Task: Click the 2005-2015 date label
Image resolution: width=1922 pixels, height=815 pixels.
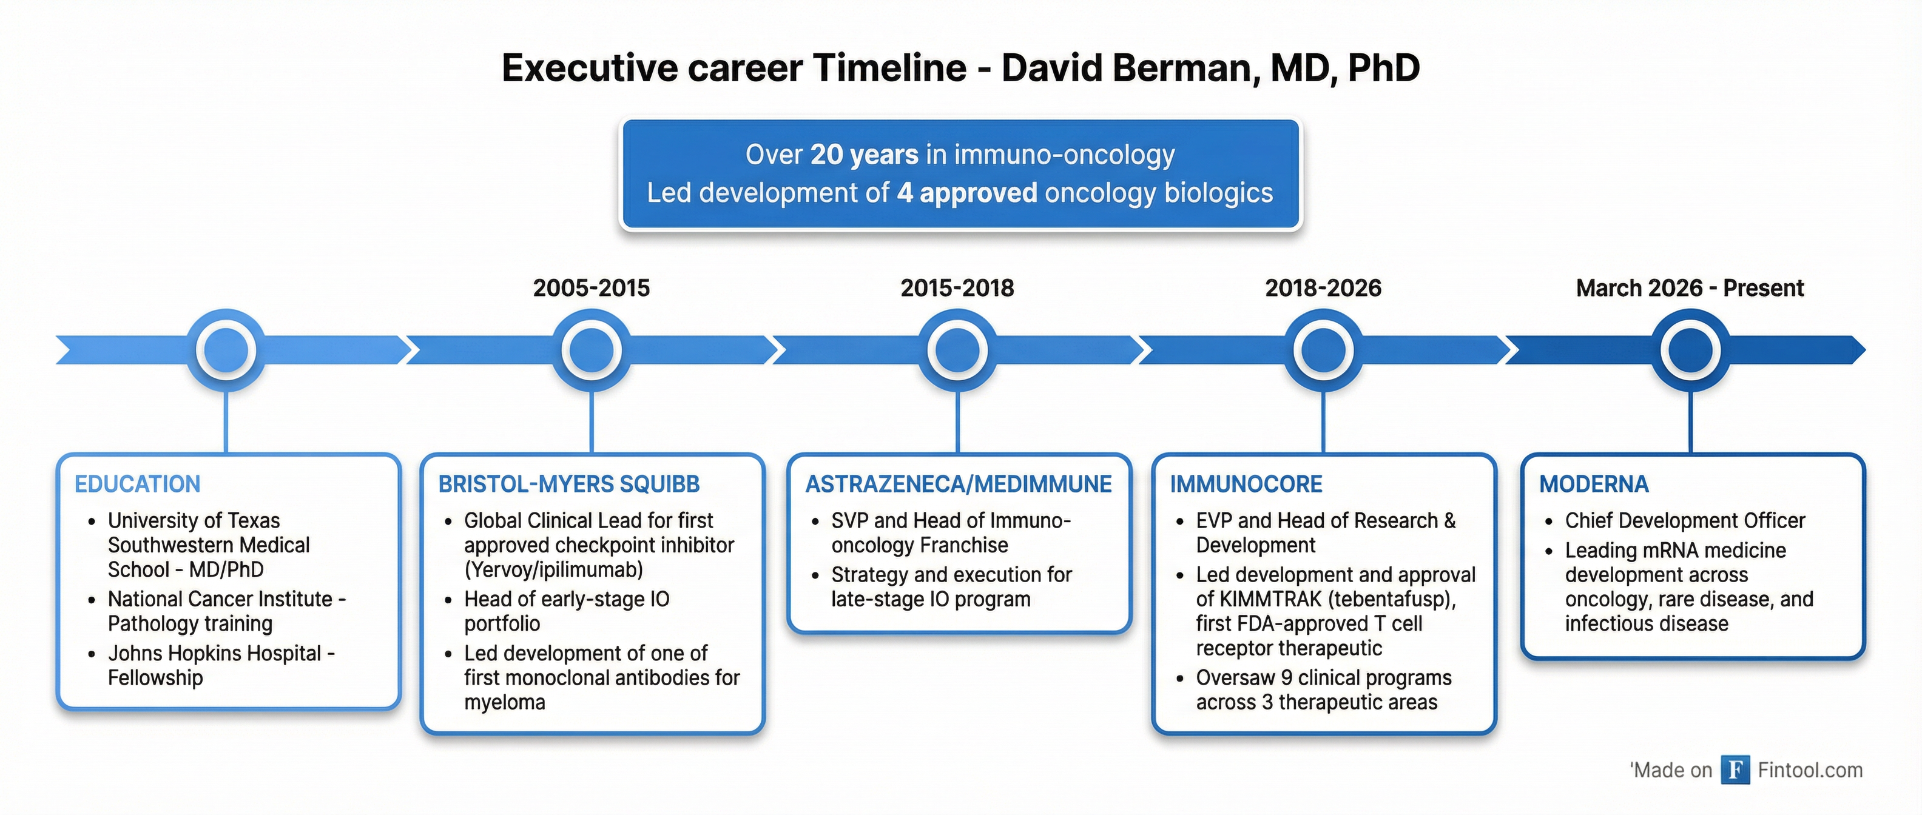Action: [591, 288]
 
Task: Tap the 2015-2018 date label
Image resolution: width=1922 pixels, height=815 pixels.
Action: [957, 288]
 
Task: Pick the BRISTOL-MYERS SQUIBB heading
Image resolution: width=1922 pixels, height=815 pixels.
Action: [568, 484]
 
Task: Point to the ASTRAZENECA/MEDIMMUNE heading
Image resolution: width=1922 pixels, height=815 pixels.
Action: [958, 484]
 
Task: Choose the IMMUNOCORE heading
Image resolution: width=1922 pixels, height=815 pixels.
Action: [1246, 484]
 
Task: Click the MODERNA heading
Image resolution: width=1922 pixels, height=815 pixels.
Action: [1594, 484]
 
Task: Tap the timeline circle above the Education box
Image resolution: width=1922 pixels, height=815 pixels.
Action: [226, 350]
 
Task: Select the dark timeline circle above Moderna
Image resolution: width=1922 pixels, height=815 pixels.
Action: [1690, 350]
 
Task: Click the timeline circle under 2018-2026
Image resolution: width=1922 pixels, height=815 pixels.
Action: [1323, 350]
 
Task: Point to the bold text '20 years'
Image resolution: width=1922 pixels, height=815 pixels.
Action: [864, 155]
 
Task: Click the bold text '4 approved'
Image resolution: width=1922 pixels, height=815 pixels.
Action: [966, 193]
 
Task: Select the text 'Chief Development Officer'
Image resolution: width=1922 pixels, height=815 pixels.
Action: [1685, 520]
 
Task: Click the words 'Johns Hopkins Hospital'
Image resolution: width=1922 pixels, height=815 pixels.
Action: [214, 653]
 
